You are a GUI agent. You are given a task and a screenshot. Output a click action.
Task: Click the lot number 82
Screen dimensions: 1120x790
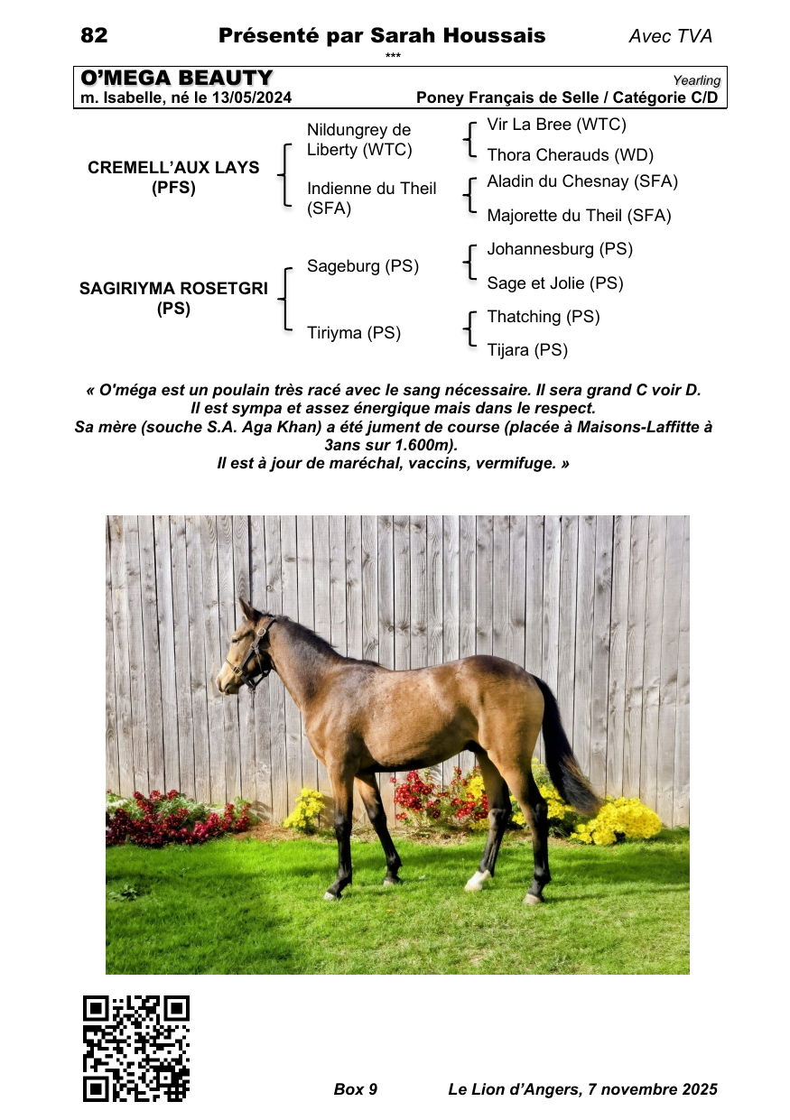pyautogui.click(x=94, y=36)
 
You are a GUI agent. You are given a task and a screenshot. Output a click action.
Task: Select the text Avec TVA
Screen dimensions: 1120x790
pyautogui.click(x=670, y=37)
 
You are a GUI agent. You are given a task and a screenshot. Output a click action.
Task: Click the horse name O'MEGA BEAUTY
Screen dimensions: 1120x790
pyautogui.click(x=177, y=79)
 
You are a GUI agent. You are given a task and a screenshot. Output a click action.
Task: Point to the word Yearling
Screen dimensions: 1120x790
pyautogui.click(x=696, y=80)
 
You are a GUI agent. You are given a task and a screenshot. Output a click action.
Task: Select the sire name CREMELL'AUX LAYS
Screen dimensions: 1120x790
pyautogui.click(x=173, y=168)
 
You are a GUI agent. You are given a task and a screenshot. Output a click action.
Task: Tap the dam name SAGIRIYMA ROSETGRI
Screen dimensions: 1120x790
pyautogui.click(x=173, y=289)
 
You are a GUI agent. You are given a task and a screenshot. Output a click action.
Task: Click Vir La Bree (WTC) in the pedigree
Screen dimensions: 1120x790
pyautogui.click(x=556, y=125)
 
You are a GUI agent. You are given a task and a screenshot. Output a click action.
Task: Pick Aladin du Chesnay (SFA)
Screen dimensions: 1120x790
pyautogui.click(x=582, y=181)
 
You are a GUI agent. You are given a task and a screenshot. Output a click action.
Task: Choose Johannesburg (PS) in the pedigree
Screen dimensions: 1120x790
pyautogui.click(x=560, y=249)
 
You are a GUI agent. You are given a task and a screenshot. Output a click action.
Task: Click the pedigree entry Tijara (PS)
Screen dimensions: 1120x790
pyautogui.click(x=527, y=350)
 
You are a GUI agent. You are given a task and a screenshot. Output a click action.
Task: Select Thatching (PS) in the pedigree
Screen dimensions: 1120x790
pyautogui.click(x=544, y=317)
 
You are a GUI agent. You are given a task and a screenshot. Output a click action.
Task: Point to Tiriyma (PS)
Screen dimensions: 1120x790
pyautogui.click(x=354, y=333)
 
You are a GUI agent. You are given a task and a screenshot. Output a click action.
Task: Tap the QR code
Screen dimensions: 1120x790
pyautogui.click(x=136, y=1048)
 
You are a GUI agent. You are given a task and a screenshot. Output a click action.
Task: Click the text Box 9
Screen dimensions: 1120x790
pyautogui.click(x=356, y=1089)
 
